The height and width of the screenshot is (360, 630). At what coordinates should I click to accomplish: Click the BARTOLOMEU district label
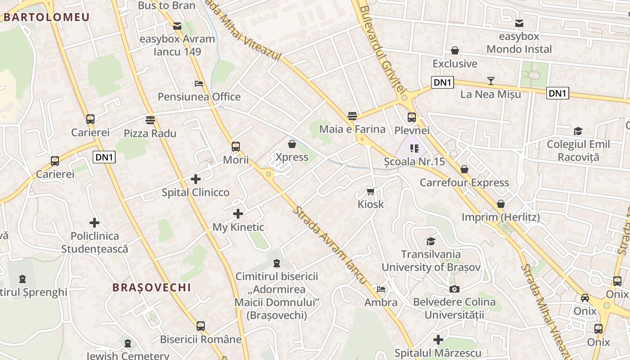(47, 17)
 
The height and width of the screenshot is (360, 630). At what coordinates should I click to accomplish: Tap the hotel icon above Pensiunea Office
(199, 83)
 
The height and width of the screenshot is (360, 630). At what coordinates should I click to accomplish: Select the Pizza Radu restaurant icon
(150, 120)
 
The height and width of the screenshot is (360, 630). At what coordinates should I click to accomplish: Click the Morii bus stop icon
(236, 146)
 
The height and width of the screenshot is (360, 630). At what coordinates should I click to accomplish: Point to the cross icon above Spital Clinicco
(196, 179)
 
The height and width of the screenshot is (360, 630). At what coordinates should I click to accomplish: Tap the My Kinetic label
(238, 227)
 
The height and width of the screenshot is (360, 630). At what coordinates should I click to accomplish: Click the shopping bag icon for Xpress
(292, 144)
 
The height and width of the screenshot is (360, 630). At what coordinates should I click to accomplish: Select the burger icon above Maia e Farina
(352, 116)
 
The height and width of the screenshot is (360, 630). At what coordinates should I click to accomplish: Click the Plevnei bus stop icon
(412, 117)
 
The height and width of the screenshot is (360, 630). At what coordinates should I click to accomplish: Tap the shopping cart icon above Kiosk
(371, 191)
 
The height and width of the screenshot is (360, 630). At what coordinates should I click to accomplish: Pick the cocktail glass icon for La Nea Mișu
(490, 81)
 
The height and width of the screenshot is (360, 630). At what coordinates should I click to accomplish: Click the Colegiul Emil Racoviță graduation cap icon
(578, 131)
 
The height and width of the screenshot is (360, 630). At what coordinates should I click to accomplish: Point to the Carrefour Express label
(464, 183)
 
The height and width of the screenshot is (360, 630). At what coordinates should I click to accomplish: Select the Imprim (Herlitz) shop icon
(500, 204)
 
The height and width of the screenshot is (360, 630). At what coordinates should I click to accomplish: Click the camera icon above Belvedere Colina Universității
(454, 289)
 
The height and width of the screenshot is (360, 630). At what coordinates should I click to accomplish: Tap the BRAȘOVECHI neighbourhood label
(152, 287)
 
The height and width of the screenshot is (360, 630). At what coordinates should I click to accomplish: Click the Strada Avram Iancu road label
(331, 245)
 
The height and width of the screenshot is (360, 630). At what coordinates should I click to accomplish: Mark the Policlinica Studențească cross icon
(94, 223)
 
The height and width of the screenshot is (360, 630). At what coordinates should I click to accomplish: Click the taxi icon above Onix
(585, 298)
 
